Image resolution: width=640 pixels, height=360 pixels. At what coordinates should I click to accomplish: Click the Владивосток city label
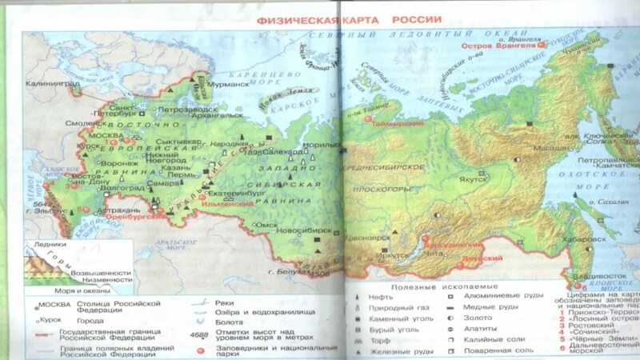click(x=598, y=277)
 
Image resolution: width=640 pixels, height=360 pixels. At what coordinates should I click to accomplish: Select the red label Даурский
click(x=489, y=258)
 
